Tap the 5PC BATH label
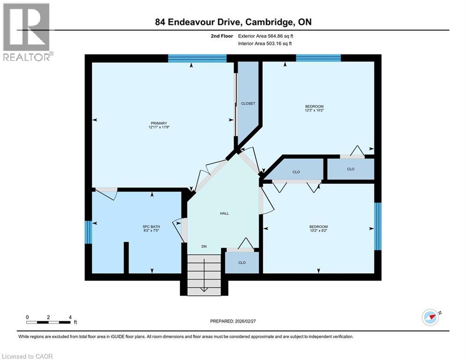click(x=152, y=226)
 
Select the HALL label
click(x=224, y=213)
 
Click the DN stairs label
click(x=204, y=247)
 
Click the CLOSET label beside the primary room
click(x=248, y=104)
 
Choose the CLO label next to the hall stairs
click(x=242, y=262)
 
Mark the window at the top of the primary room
click(x=197, y=59)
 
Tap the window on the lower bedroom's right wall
click(x=377, y=226)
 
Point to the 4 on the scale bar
click(x=70, y=317)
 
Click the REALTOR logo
click(x=27, y=32)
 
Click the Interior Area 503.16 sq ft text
click(x=266, y=43)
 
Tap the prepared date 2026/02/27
click(x=233, y=321)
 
